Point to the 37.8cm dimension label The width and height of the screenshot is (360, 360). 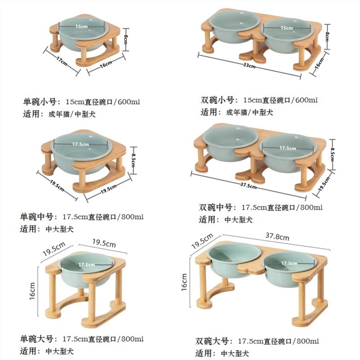click(277, 236)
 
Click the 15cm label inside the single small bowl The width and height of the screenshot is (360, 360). click(81, 27)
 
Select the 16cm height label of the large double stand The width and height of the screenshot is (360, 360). click(184, 282)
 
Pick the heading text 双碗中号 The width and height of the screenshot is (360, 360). click(216, 207)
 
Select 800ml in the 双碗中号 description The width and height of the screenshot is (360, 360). click(311, 207)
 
